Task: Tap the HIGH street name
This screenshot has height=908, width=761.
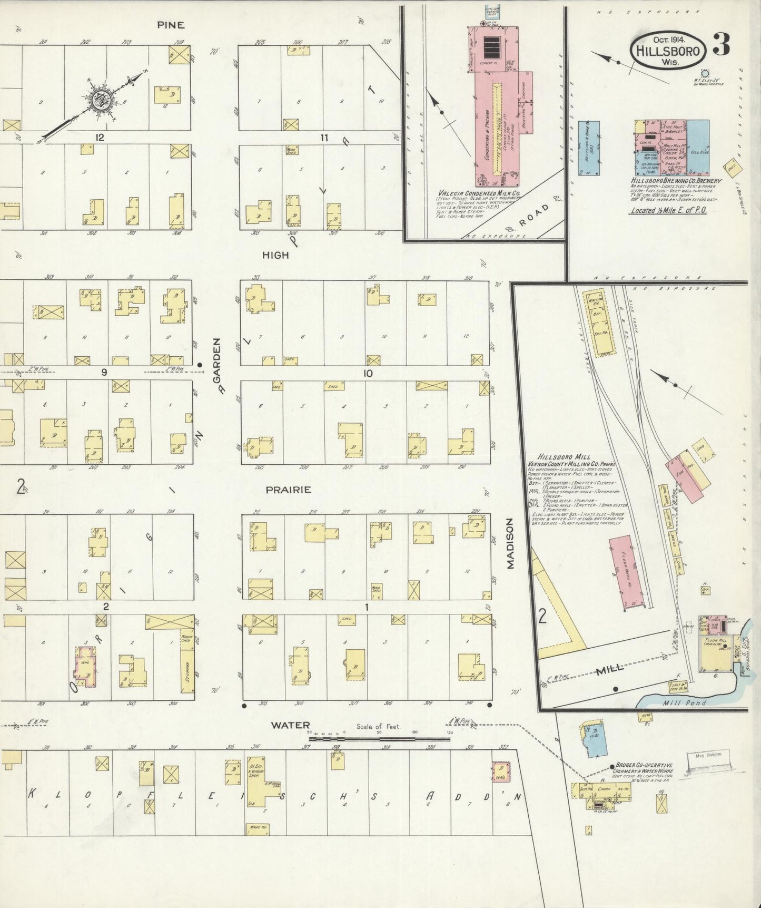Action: tap(276, 255)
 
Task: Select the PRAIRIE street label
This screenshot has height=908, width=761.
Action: tap(288, 490)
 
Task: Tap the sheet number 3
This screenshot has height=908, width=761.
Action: tap(721, 46)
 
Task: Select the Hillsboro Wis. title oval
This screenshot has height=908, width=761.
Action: tap(668, 51)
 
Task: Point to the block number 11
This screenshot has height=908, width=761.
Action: tap(324, 138)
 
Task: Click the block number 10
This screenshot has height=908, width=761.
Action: tap(367, 373)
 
